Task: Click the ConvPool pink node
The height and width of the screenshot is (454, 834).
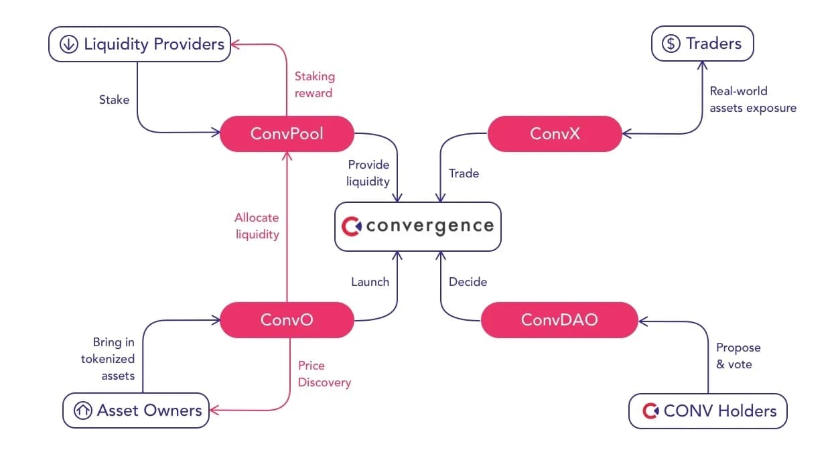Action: pos(287,134)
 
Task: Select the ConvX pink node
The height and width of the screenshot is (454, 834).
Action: pos(555,134)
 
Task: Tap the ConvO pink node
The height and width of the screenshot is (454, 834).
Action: pos(287,319)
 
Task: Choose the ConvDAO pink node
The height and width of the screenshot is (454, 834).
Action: pos(559,319)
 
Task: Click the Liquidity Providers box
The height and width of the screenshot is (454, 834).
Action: pos(139,44)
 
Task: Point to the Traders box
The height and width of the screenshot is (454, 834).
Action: pos(703,44)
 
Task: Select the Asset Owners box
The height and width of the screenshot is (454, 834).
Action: pos(136,410)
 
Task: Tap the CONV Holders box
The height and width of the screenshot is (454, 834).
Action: pos(708,411)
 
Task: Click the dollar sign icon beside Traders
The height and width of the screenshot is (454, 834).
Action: pos(671,44)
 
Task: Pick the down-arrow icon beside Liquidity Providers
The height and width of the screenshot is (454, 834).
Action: pos(69,44)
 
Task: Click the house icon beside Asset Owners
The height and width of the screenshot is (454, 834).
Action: pos(82,410)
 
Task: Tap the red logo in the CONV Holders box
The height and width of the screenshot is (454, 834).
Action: pos(650,411)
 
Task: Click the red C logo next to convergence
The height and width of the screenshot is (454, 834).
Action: pos(351,226)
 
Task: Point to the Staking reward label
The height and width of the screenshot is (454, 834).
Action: pos(315,84)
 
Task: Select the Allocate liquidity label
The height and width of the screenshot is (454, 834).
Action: pos(257,226)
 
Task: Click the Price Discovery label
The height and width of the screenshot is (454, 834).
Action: pos(324,374)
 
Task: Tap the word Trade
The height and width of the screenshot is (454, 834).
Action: pos(464,173)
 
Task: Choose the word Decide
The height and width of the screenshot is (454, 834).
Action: pos(468,282)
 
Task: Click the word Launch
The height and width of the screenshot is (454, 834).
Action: pos(370,282)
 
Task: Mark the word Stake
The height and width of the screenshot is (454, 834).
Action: pos(115,100)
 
